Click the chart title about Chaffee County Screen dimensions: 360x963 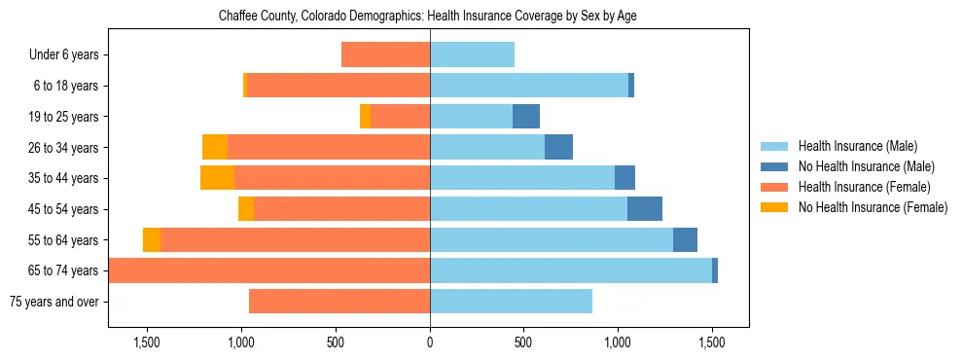tap(428, 17)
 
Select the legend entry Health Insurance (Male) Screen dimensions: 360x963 tap(857, 147)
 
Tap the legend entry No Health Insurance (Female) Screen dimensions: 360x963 tap(873, 207)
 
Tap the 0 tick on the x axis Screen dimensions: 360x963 tap(430, 342)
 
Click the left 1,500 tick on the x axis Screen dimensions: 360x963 tap(147, 342)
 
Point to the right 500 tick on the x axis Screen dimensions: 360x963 tap(523, 342)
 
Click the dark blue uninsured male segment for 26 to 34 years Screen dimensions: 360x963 tap(558, 147)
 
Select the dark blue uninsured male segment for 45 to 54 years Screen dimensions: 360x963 tap(645, 209)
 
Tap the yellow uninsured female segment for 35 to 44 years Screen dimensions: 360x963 tap(217, 178)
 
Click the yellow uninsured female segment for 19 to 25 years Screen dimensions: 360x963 tap(365, 117)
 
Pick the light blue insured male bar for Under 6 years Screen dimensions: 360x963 tap(472, 55)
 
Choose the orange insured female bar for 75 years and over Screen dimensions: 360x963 tap(339, 302)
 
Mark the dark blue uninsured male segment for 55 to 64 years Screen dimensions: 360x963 tap(685, 239)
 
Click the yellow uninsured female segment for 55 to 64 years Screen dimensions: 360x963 tap(152, 239)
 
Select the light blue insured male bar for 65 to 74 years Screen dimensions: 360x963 tap(571, 270)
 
